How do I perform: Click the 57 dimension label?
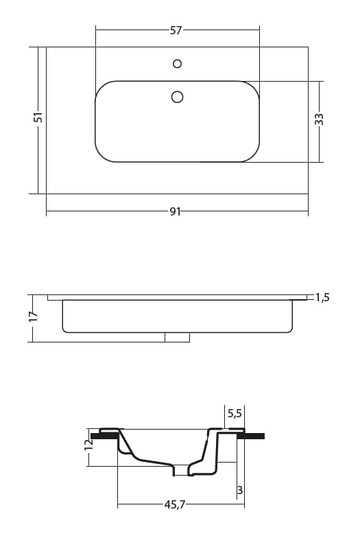pyautogui.click(x=176, y=30)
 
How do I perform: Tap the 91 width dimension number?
pyautogui.click(x=176, y=211)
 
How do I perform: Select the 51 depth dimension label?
pyautogui.click(x=38, y=117)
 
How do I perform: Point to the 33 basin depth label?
pyautogui.click(x=319, y=119)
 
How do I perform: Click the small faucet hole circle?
pyautogui.click(x=178, y=64)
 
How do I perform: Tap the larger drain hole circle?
pyautogui.click(x=177, y=97)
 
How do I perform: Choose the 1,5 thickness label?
pyautogui.click(x=322, y=297)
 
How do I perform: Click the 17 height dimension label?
pyautogui.click(x=33, y=316)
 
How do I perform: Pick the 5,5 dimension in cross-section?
pyautogui.click(x=235, y=414)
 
